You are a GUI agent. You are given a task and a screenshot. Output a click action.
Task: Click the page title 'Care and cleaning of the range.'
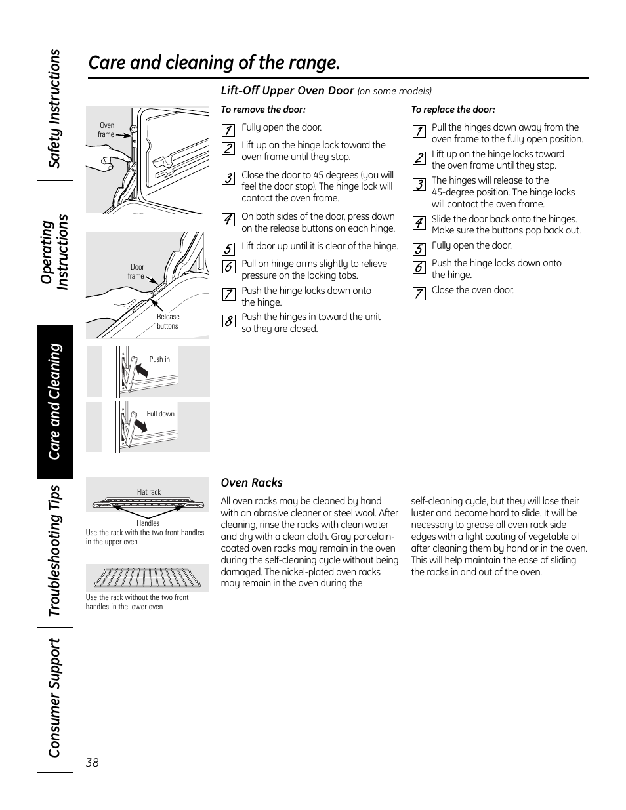click(x=214, y=63)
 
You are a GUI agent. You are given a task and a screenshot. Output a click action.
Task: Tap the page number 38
click(x=92, y=763)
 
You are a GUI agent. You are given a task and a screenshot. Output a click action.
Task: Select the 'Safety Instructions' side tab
click(x=54, y=109)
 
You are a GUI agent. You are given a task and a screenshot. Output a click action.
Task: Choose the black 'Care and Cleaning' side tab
click(x=54, y=401)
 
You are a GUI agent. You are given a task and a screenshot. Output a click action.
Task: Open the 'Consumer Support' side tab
click(x=54, y=697)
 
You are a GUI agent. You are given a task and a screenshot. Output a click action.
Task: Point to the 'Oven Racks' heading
click(x=251, y=483)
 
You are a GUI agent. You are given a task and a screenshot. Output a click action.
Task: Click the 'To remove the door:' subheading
click(x=263, y=110)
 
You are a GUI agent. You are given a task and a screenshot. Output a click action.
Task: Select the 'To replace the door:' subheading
click(x=453, y=110)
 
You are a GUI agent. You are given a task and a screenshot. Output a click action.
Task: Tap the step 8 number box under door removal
click(x=228, y=321)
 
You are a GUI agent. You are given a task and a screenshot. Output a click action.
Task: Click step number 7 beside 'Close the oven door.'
click(x=419, y=293)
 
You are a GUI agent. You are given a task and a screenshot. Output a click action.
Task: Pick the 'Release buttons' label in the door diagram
click(x=167, y=321)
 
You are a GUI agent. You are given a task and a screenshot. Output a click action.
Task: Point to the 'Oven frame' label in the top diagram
click(x=106, y=130)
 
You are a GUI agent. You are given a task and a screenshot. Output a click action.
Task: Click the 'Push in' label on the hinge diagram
click(x=159, y=359)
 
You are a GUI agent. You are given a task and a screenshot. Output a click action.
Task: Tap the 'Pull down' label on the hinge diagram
click(x=160, y=414)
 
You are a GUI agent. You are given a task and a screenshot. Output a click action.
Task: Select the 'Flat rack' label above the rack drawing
click(x=148, y=492)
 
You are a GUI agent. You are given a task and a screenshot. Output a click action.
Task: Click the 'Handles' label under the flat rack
click(x=148, y=523)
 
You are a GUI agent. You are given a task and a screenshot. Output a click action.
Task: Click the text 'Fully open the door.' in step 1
click(x=282, y=128)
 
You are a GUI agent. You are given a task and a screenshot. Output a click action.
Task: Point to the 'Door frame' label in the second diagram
click(x=136, y=272)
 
